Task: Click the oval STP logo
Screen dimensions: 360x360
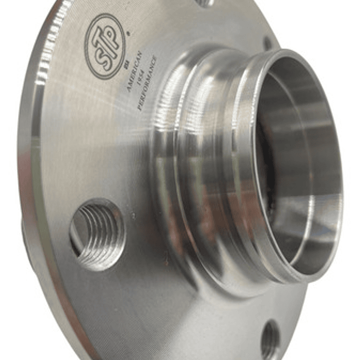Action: pos(106,46)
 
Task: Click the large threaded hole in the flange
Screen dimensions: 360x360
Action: pos(97,233)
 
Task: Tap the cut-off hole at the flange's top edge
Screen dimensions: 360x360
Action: pos(205,3)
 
